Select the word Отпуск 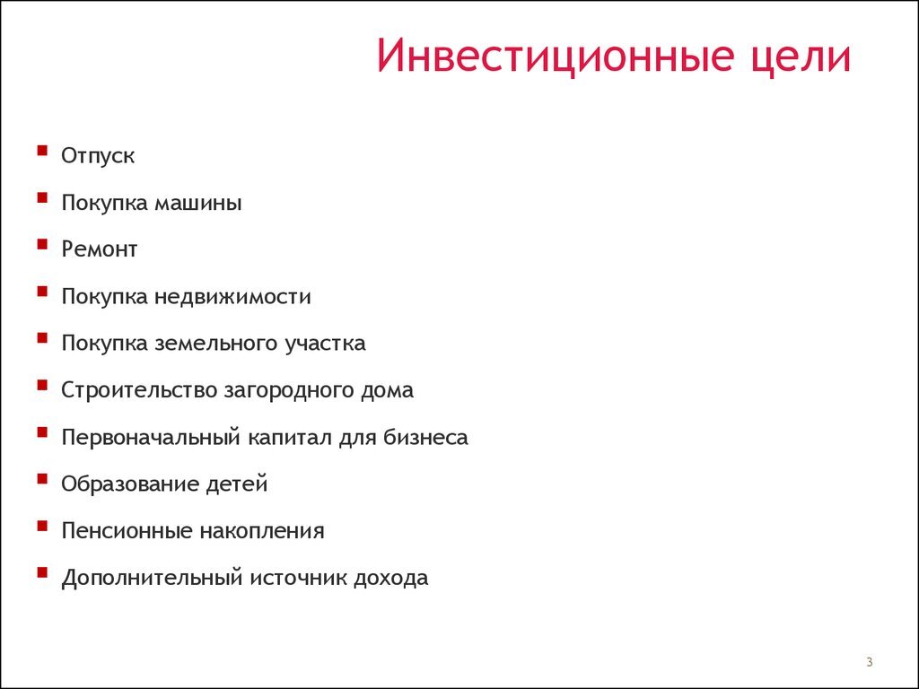(x=98, y=156)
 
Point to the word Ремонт (x=100, y=249)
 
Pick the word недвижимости (x=232, y=296)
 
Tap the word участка (x=325, y=344)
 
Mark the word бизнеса (x=429, y=438)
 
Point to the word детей (x=237, y=484)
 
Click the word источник (x=303, y=578)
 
